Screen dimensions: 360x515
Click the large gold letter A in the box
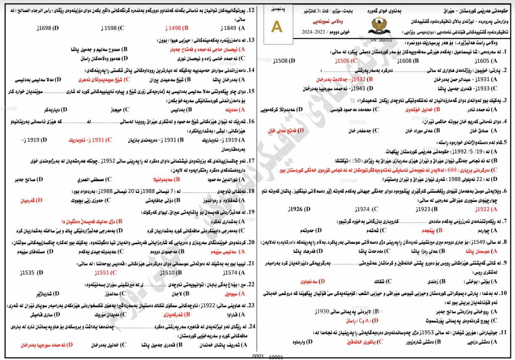pyautogui.click(x=277, y=26)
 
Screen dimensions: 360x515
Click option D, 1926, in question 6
pyautogui.click(x=301, y=209)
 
